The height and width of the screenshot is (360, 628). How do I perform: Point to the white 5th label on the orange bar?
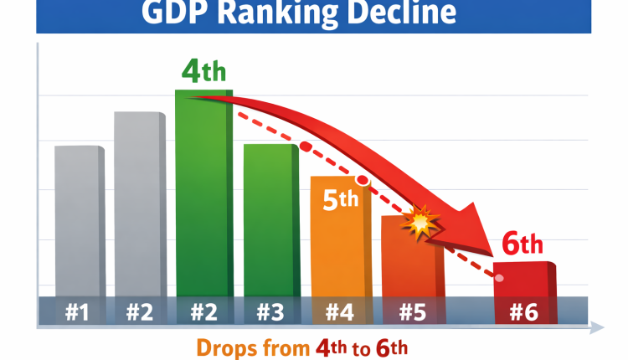340,200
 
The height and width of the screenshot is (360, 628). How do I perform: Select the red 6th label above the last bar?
522,244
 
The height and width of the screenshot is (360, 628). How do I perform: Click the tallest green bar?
203,193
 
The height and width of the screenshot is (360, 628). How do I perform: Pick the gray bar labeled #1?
79,218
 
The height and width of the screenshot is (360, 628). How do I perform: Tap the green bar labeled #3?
270,218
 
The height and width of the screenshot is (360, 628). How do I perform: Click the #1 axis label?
77,312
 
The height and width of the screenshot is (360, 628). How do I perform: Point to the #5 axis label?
412,312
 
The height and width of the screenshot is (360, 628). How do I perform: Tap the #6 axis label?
523,312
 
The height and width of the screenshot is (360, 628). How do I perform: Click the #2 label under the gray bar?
140,312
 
